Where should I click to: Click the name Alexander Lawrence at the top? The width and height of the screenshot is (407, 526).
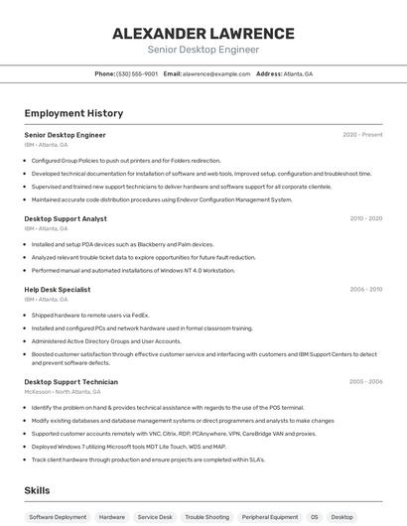pyautogui.click(x=203, y=33)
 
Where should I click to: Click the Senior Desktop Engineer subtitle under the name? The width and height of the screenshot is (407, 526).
pyautogui.click(x=203, y=50)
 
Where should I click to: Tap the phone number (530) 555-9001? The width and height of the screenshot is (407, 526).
pyautogui.click(x=137, y=73)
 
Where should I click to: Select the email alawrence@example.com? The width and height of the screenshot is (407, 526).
pyautogui.click(x=215, y=73)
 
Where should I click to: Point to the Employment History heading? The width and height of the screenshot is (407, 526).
pyautogui.click(x=73, y=113)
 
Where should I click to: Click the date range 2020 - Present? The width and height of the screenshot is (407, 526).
pyautogui.click(x=362, y=135)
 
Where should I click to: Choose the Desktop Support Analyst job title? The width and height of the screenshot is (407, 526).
pyautogui.click(x=66, y=218)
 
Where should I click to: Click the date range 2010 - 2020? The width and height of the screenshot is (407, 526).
pyautogui.click(x=365, y=218)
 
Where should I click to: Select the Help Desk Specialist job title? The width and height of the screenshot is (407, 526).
pyautogui.click(x=58, y=290)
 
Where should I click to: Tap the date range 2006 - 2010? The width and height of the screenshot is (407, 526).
pyautogui.click(x=365, y=290)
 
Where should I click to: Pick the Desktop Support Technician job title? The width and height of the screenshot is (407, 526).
pyautogui.click(x=70, y=382)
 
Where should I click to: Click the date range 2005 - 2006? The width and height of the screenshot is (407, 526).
pyautogui.click(x=365, y=382)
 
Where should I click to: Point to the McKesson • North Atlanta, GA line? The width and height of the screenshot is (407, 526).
pyautogui.click(x=62, y=391)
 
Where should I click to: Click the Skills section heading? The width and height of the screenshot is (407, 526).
pyautogui.click(x=38, y=490)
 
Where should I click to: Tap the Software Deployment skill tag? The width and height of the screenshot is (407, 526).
pyautogui.click(x=58, y=517)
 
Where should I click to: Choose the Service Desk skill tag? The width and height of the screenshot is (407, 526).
pyautogui.click(x=155, y=517)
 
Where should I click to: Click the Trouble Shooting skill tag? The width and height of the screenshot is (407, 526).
pyautogui.click(x=206, y=517)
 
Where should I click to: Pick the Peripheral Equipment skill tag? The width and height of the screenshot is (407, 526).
pyautogui.click(x=270, y=517)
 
